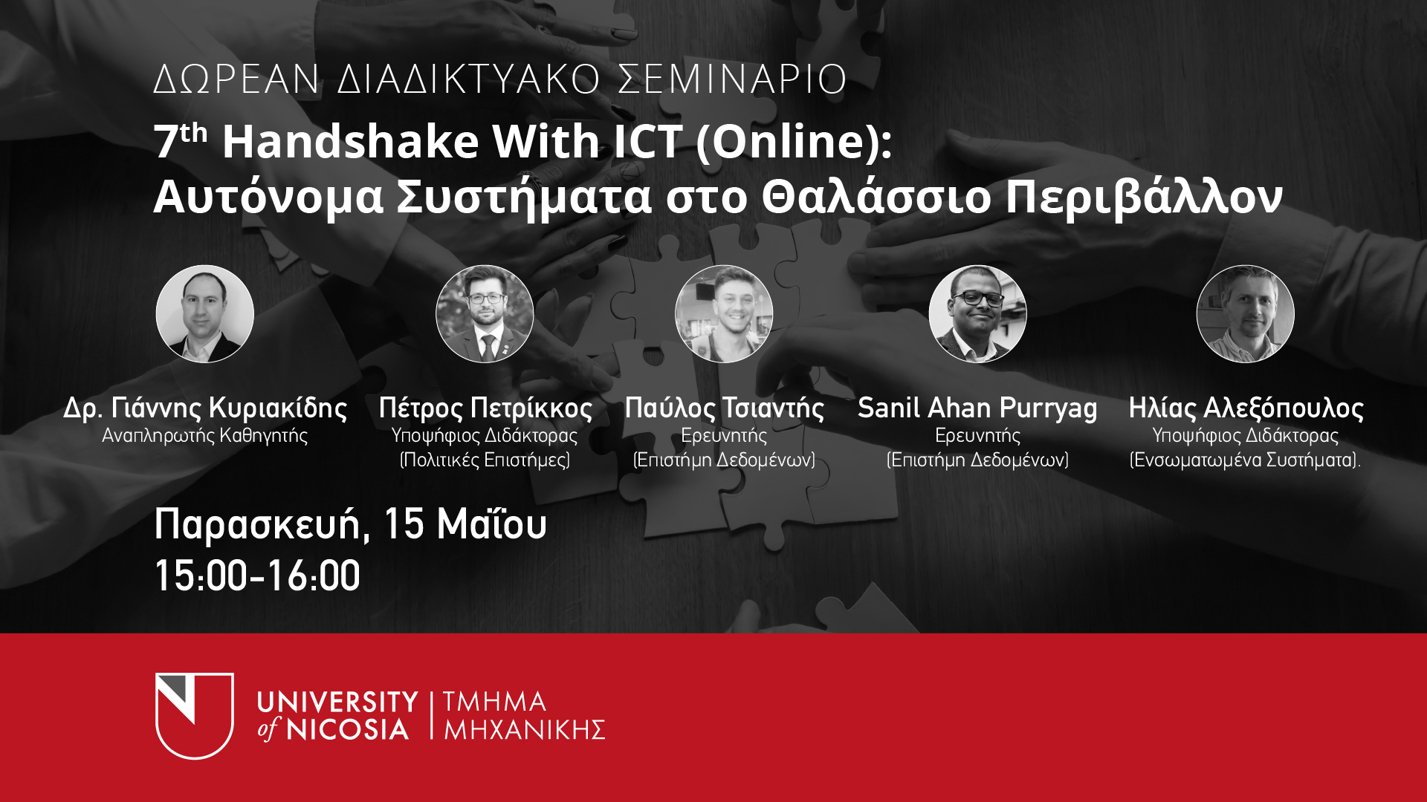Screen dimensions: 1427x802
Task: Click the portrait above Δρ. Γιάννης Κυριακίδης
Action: click(x=205, y=314)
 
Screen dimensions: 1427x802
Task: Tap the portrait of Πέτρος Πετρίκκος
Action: click(x=485, y=314)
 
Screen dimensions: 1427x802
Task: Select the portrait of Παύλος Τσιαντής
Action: click(x=724, y=314)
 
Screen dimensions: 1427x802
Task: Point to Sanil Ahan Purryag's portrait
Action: click(x=978, y=314)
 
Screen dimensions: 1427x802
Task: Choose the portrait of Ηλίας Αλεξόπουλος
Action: click(x=1246, y=314)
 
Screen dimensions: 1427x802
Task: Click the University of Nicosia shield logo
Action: click(x=195, y=716)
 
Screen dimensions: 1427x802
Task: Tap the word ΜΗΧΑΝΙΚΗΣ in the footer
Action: click(x=525, y=730)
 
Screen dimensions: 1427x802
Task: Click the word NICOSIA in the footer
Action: click(x=348, y=729)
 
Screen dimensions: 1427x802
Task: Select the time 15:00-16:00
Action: click(x=257, y=576)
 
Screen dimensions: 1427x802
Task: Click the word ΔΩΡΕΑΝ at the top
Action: click(x=237, y=79)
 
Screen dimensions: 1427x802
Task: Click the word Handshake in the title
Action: click(x=351, y=141)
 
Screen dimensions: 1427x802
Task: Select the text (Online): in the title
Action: click(x=794, y=142)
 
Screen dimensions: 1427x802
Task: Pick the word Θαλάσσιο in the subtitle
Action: click(x=877, y=197)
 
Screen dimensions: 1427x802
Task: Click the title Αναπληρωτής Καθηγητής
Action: click(x=205, y=436)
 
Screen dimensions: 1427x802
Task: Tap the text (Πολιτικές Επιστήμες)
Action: click(x=485, y=460)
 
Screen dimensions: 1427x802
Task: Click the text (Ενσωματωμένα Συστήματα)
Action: click(x=1245, y=460)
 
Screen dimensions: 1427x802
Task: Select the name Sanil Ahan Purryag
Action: click(x=977, y=408)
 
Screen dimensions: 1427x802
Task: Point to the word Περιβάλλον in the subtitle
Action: click(x=1145, y=198)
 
